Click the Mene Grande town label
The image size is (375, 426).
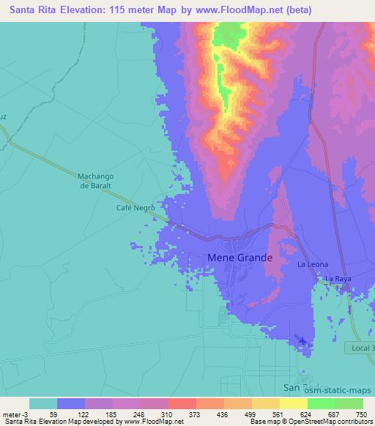pyautogui.click(x=240, y=258)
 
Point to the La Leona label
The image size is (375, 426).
pyautogui.click(x=312, y=264)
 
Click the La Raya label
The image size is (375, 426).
pyautogui.click(x=338, y=279)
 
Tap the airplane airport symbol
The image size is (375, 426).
pyautogui.click(x=302, y=340)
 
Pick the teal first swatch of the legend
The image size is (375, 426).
pyautogui.click(x=42, y=403)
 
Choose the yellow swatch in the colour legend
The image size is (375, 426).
pyautogui.click(x=293, y=403)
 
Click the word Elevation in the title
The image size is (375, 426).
pyautogui.click(x=78, y=10)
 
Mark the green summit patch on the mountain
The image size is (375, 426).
pyautogui.click(x=229, y=31)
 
